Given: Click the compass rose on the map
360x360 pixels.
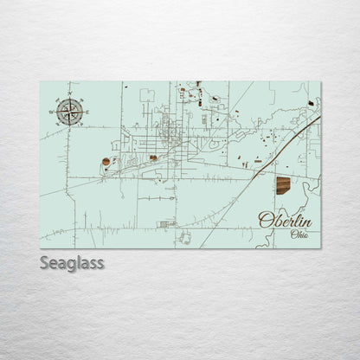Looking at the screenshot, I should pyautogui.click(x=71, y=110).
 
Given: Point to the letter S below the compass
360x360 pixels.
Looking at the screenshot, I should pyautogui.click(x=71, y=127).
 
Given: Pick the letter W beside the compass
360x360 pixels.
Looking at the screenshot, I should pyautogui.click(x=55, y=110).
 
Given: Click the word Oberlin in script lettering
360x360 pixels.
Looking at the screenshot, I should pyautogui.click(x=286, y=220).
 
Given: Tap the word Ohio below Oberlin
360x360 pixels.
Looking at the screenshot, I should pyautogui.click(x=299, y=235).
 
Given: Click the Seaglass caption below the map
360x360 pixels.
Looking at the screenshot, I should pyautogui.click(x=72, y=262).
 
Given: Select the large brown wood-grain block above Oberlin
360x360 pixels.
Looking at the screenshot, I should pyautogui.click(x=283, y=184).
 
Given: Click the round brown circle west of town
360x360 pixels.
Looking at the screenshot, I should pyautogui.click(x=106, y=162).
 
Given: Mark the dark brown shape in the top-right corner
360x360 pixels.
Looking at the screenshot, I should pyautogui.click(x=311, y=104).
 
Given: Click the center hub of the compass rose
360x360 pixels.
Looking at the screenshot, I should pyautogui.click(x=71, y=110).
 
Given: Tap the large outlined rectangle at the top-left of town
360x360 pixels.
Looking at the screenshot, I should pyautogui.click(x=148, y=94).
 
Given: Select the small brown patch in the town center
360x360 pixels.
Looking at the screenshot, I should pyautogui.click(x=154, y=157).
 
